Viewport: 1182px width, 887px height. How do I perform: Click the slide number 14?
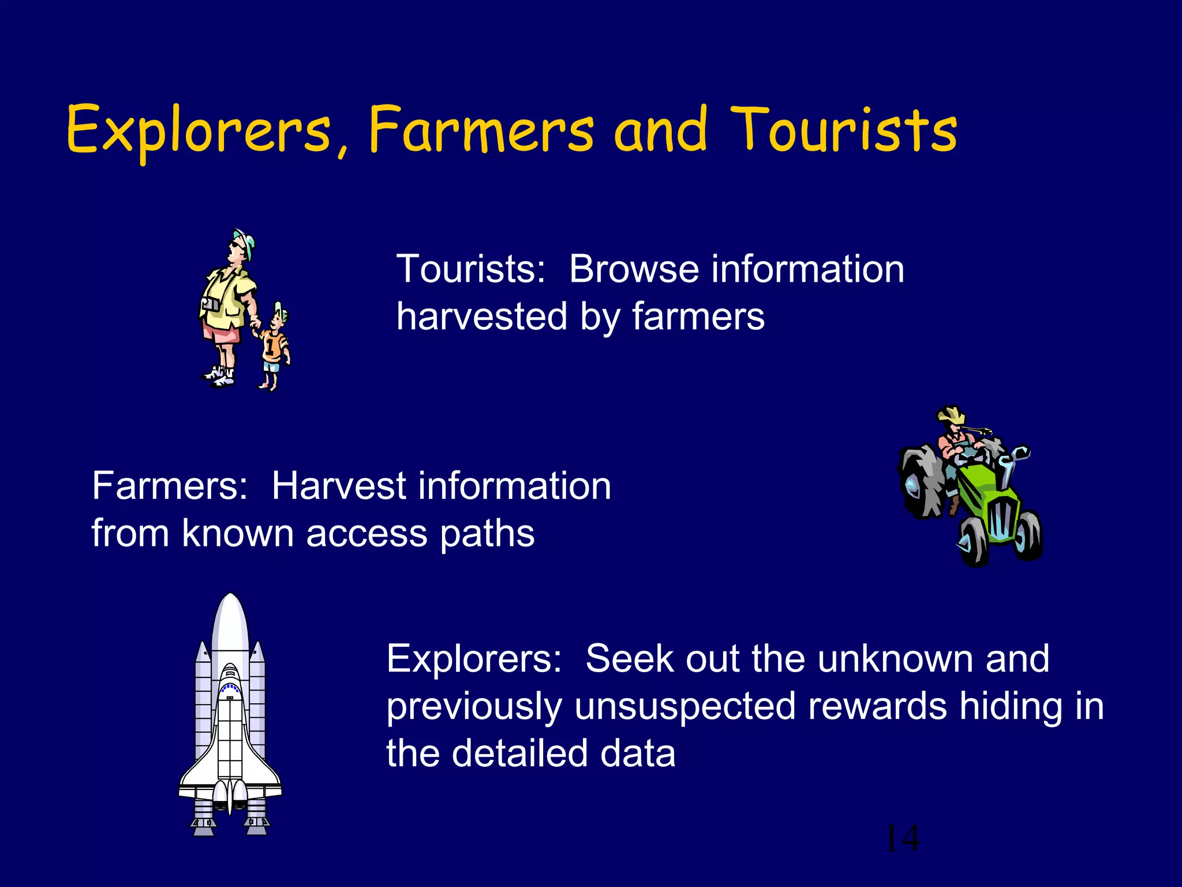pos(902,838)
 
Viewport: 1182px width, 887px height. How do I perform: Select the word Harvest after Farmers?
pos(339,486)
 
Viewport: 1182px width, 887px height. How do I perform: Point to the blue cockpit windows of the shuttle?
pos(230,687)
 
